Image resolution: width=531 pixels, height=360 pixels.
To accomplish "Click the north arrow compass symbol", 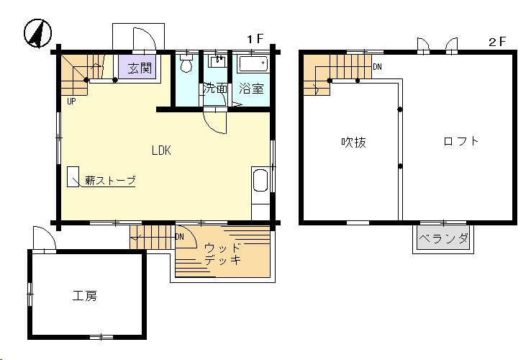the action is point(37,33).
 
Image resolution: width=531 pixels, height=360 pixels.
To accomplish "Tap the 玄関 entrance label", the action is point(140,68).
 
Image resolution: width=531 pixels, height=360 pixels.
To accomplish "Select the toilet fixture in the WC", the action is point(186,63).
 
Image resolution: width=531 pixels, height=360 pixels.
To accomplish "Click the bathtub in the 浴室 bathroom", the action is point(253,64).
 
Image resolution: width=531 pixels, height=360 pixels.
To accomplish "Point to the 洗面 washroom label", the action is point(214,89).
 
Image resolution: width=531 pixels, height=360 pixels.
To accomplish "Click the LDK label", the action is point(161,150).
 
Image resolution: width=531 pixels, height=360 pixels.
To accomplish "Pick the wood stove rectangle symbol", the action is point(73,176).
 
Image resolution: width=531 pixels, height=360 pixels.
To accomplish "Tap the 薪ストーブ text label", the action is point(110,180).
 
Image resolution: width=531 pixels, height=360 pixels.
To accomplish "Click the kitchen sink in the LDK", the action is point(260,180).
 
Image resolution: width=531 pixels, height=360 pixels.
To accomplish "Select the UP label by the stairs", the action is point(71,101).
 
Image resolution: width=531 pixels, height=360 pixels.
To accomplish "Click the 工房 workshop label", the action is point(85,296).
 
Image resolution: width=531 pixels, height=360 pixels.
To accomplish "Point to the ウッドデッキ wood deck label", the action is point(222,253).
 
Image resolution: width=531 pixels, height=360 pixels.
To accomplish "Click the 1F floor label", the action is point(255,40).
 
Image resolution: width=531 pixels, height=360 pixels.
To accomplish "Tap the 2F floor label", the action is point(496,42).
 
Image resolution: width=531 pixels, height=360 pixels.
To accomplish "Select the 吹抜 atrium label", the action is point(353,143).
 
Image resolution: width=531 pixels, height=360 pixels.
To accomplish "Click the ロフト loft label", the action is point(461,141).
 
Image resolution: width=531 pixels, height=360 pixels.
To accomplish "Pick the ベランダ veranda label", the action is point(443,239).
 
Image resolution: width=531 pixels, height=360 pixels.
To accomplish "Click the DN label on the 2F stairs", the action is point(377,67).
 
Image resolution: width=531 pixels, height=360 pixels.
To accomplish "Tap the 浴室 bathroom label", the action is point(251,89).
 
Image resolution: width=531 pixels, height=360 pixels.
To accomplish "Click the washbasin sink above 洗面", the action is point(218,62).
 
